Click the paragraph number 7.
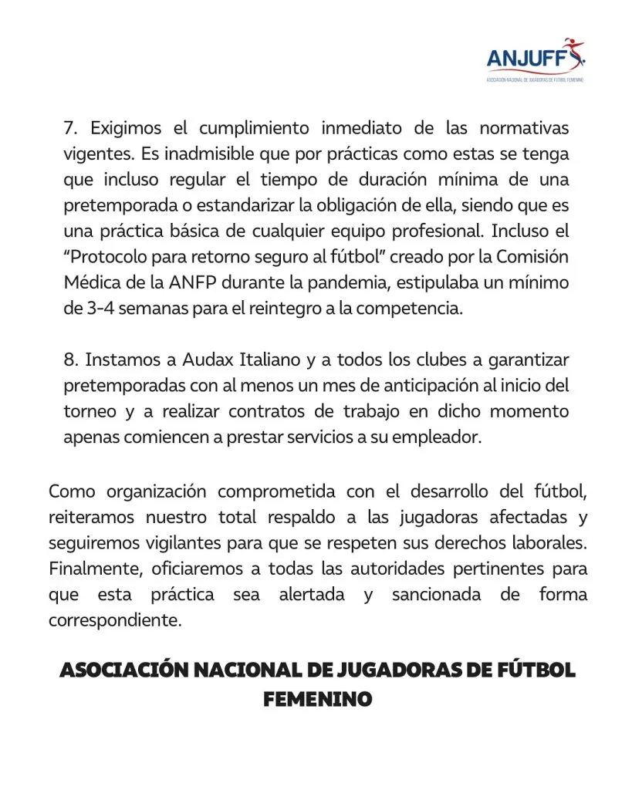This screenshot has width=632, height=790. coord(68,128)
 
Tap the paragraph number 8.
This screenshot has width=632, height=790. coord(69,360)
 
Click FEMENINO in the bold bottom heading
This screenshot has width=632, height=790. coord(317,699)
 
